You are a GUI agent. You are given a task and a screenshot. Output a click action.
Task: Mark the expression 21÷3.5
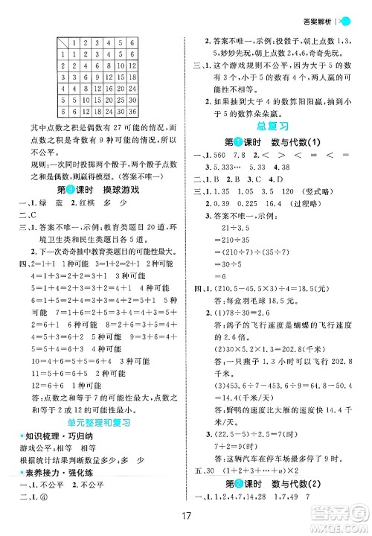coord(240,227)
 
